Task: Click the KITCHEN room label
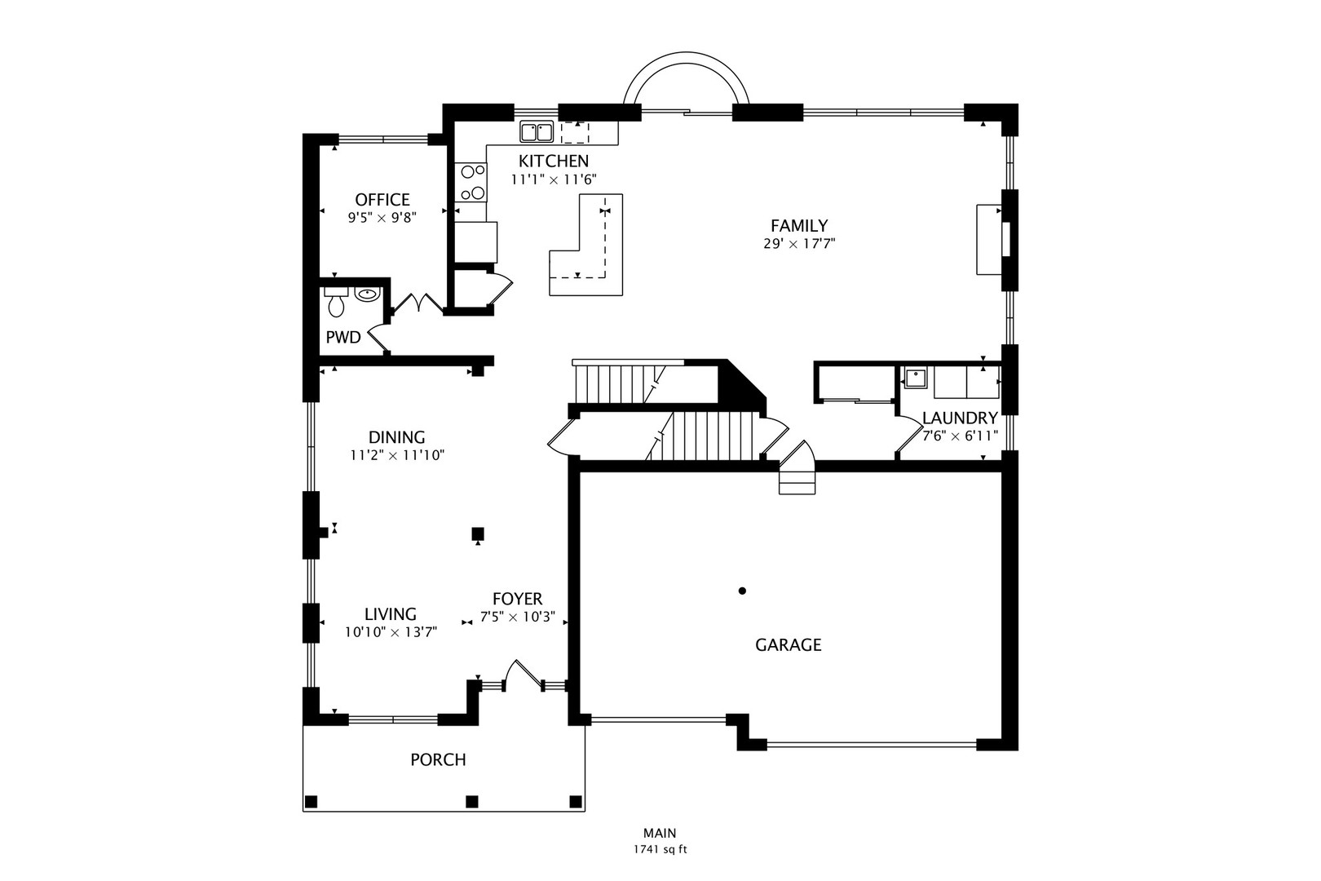click(x=553, y=161)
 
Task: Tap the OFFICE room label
click(x=382, y=200)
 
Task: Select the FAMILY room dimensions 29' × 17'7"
click(x=799, y=244)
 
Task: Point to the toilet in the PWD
click(x=336, y=302)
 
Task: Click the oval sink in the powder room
click(x=368, y=294)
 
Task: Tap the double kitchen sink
click(x=537, y=131)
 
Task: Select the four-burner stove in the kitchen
click(x=471, y=183)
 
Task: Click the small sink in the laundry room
click(x=915, y=377)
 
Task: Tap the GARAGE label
click(x=788, y=645)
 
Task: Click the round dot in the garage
click(x=742, y=591)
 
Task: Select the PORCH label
click(x=438, y=759)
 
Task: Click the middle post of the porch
click(x=472, y=801)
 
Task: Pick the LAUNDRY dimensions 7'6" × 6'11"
click(x=960, y=436)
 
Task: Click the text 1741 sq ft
click(x=660, y=850)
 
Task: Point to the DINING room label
click(x=396, y=437)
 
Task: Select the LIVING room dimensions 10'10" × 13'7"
click(x=391, y=632)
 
